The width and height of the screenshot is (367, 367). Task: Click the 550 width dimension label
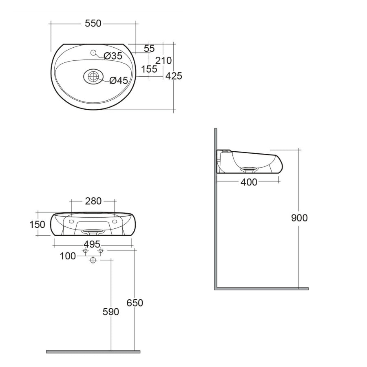point(93,24)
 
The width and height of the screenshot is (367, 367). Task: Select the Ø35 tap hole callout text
point(113,56)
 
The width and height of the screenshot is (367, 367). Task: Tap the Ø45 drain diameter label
point(119,81)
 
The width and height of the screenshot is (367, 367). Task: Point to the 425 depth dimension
point(174,76)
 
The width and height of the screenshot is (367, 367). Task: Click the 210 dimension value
point(164,61)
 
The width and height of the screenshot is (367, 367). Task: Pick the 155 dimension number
point(149,69)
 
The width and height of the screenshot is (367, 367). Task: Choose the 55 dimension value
point(149,49)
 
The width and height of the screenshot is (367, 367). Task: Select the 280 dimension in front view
point(93,201)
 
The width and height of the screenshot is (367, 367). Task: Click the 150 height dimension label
point(37,225)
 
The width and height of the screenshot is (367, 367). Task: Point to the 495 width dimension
point(92,244)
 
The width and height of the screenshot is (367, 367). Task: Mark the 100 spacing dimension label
point(68,256)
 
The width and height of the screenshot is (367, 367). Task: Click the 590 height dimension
point(111,312)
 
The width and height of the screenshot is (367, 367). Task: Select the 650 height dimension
point(135,303)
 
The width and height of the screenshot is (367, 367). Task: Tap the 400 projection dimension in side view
point(249,182)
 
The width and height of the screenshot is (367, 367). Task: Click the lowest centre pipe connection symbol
point(93,260)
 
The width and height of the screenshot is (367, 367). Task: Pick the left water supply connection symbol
point(85,251)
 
